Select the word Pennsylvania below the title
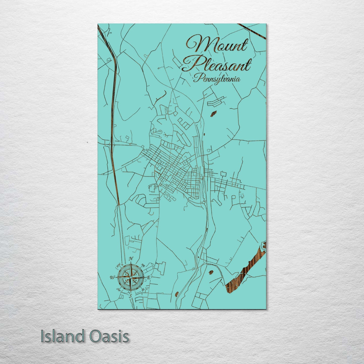(x=217, y=79)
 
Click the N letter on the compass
(x=131, y=259)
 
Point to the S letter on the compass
(x=130, y=296)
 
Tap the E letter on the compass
(x=149, y=277)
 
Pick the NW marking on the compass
(x=118, y=265)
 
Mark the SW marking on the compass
(x=118, y=289)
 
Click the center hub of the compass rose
(x=130, y=277)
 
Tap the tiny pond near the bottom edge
(x=177, y=293)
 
